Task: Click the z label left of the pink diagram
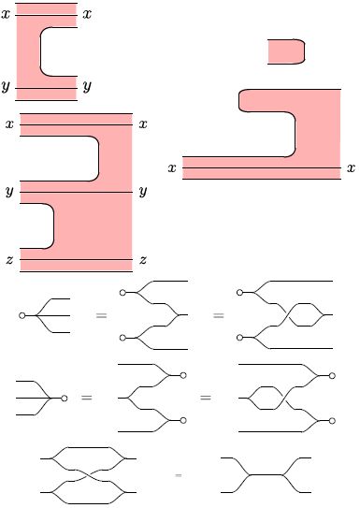click(x=9, y=260)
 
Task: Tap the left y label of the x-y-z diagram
click(x=9, y=193)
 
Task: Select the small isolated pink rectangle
click(x=286, y=51)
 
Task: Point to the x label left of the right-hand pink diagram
click(x=172, y=168)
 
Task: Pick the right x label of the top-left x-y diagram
click(x=86, y=15)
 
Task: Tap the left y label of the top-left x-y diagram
click(x=6, y=86)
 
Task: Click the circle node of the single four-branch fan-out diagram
click(x=22, y=316)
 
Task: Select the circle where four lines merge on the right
click(x=64, y=399)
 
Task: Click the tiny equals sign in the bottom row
click(x=178, y=475)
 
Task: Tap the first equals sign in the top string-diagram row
click(x=100, y=316)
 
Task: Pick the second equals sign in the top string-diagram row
click(x=218, y=316)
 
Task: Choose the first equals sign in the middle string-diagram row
click(x=87, y=399)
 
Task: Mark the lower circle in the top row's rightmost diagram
click(x=240, y=337)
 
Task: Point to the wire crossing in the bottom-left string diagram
click(x=90, y=474)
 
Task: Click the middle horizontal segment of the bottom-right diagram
click(x=269, y=474)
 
